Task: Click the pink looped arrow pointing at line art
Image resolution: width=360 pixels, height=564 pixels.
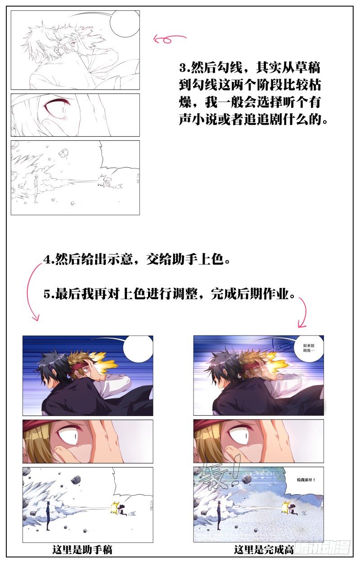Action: click(169, 39)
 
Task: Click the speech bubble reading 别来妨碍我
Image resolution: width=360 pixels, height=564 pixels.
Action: click(309, 348)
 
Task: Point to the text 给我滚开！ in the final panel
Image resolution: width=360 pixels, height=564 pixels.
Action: click(306, 480)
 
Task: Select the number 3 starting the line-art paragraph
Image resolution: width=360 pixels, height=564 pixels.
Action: click(182, 68)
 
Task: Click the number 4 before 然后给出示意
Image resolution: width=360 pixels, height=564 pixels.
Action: click(47, 260)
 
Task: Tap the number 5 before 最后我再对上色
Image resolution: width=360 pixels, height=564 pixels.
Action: click(47, 294)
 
